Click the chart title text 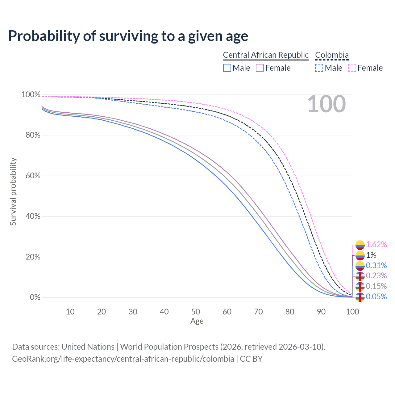point(128,36)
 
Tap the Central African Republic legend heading point(266,55)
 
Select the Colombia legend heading point(332,55)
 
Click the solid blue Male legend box point(227,68)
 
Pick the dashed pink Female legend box point(352,68)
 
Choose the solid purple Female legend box point(260,68)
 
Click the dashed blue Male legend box point(319,68)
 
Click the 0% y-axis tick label point(35,297)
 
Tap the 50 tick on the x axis point(196,312)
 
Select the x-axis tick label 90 point(321,312)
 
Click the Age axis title point(197,321)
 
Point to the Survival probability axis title point(13,192)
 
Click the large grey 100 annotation point(326,104)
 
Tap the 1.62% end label point(376,245)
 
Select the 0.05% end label point(376,297)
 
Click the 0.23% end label point(376,276)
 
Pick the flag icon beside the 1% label point(360,255)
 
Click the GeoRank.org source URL point(123,359)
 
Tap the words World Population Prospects point(169,347)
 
